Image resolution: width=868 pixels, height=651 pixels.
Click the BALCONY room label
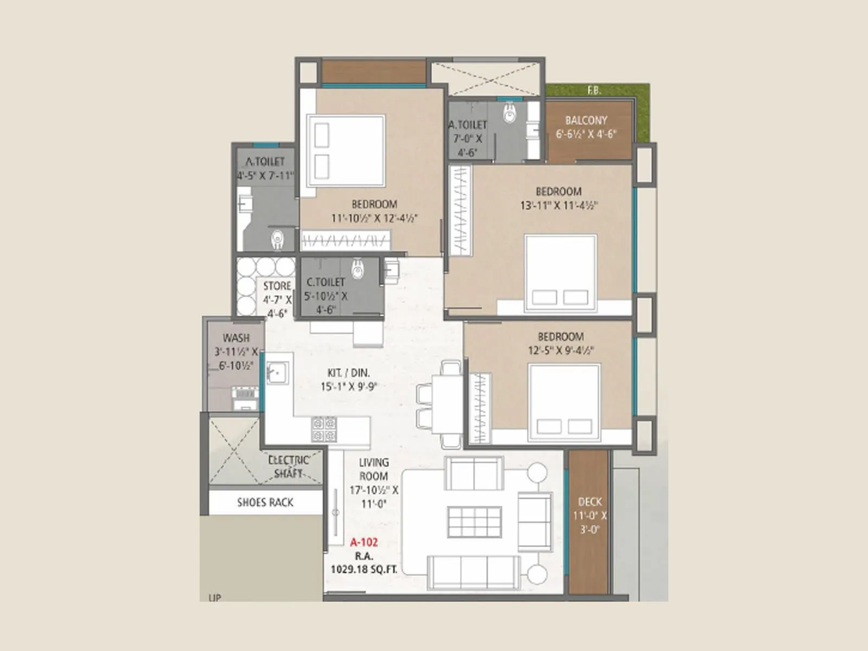586,120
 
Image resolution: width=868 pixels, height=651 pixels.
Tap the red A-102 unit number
363,542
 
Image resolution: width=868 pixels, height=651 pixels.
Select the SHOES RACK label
265,502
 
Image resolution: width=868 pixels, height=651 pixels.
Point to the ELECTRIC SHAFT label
289,467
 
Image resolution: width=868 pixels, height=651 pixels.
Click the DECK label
590,502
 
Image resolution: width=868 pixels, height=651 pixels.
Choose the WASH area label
236,338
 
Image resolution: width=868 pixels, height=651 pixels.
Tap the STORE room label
277,286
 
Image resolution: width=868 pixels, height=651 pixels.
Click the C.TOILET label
325,282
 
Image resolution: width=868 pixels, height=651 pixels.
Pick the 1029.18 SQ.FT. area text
363,570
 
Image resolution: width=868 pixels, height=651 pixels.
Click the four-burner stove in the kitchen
324,429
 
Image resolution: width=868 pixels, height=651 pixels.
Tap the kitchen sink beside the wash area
277,373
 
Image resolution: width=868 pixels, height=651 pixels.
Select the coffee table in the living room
474,522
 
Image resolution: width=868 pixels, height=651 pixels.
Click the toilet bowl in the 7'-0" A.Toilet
509,113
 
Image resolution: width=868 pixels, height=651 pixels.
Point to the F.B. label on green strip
594,91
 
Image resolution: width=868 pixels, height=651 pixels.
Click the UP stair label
214,598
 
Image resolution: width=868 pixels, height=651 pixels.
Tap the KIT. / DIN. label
348,373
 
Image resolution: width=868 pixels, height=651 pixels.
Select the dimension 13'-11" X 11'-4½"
559,206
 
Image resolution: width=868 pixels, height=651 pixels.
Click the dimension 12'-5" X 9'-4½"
560,350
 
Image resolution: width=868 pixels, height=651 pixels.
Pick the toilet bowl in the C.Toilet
358,269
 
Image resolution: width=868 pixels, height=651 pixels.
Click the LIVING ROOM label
373,469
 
